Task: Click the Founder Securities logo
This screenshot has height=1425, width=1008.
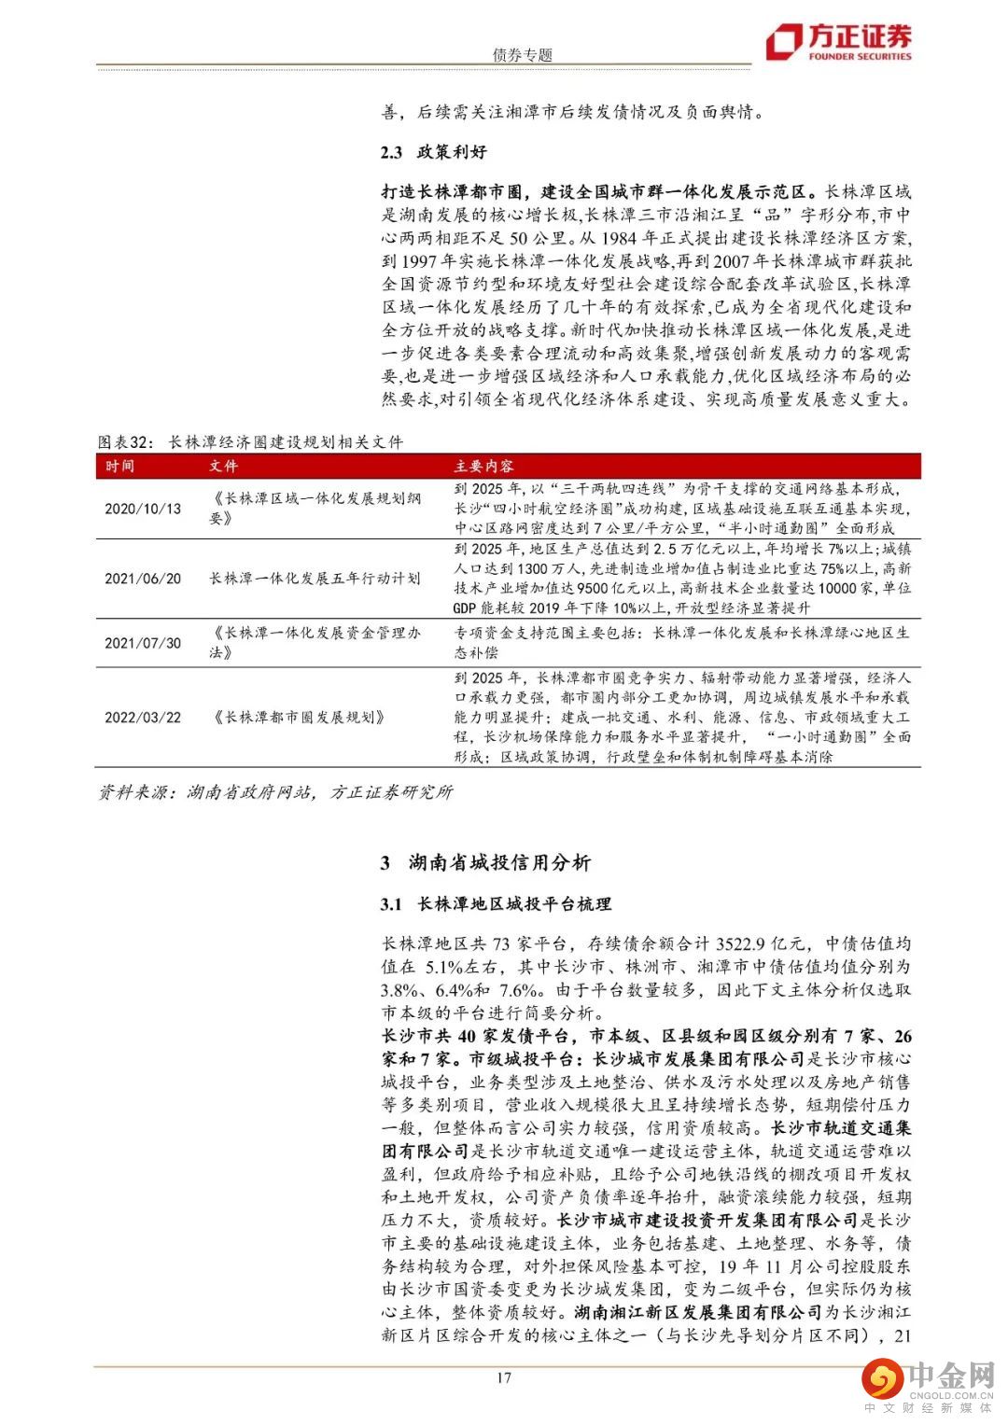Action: [x=837, y=42]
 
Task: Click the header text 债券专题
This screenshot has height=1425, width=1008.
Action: [x=523, y=54]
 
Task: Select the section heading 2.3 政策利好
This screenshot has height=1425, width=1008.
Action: [x=434, y=152]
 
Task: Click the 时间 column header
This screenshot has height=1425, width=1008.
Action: [x=119, y=466]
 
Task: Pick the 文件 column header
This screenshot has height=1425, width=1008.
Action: [x=223, y=466]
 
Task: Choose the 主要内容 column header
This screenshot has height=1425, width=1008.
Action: [x=483, y=466]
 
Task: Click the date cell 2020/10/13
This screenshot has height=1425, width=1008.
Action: [x=143, y=509]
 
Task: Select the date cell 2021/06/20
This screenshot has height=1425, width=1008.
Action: [x=143, y=579]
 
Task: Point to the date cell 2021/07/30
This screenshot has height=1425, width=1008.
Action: [x=143, y=643]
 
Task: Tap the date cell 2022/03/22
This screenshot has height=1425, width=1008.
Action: [x=143, y=718]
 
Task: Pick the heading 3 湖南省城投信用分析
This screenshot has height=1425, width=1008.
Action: [x=485, y=862]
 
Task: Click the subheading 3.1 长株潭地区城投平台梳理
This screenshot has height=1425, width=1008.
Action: [x=496, y=903]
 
